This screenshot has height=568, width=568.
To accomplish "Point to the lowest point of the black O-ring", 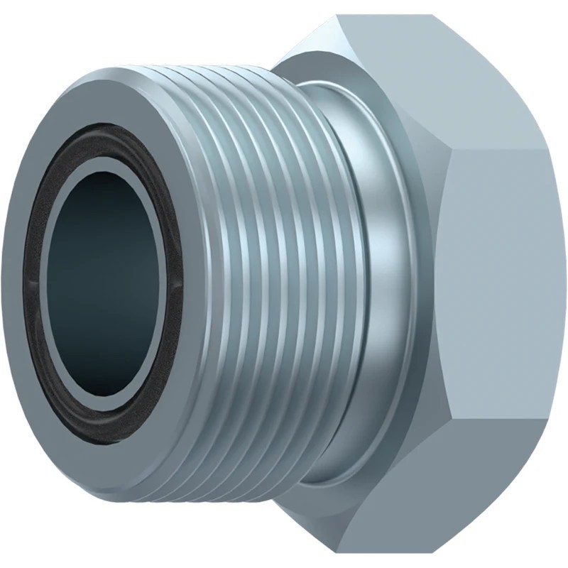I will click(x=106, y=444).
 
